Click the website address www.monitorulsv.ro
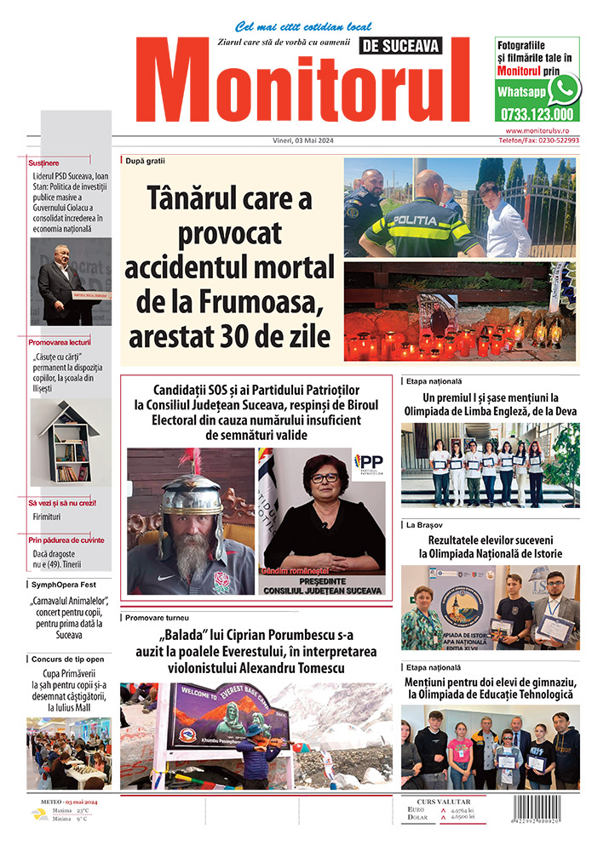pyautogui.click(x=543, y=131)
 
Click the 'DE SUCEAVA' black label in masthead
pyautogui.click(x=402, y=46)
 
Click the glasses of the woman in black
pyautogui.click(x=325, y=477)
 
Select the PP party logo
pyautogui.click(x=369, y=464)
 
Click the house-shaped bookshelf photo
pyautogui.click(x=70, y=443)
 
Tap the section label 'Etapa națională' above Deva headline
pyautogui.click(x=434, y=382)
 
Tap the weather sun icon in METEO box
pyautogui.click(x=39, y=815)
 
